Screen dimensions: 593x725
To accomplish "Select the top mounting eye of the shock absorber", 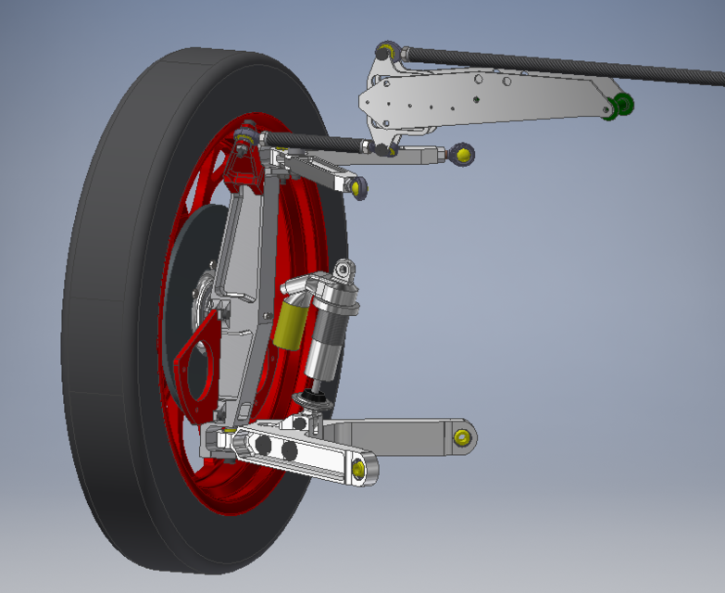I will [344, 271].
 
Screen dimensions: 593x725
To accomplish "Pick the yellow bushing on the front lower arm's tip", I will [358, 470].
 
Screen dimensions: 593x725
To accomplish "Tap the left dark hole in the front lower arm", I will [265, 447].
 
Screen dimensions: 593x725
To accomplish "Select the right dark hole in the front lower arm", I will [289, 451].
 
